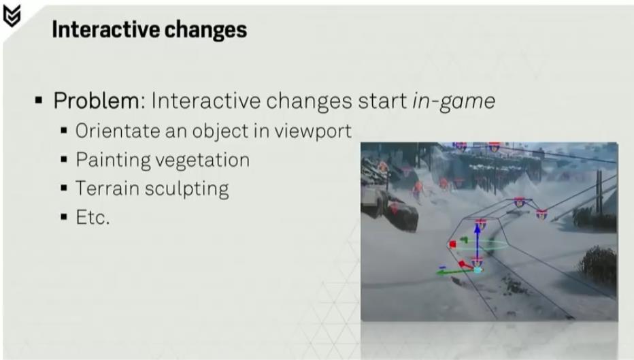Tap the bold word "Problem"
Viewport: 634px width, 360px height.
click(x=96, y=100)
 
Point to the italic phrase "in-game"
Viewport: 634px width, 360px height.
click(x=454, y=101)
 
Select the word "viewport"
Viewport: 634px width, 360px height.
click(x=313, y=132)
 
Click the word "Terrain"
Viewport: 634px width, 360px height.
click(x=107, y=188)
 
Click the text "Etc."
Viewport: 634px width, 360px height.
click(x=93, y=218)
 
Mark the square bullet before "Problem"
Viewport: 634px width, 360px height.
click(x=39, y=100)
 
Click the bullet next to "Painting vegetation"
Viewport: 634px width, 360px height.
click(x=64, y=160)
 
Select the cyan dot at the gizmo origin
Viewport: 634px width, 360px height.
click(x=478, y=269)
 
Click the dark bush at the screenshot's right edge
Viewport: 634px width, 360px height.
click(x=598, y=264)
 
